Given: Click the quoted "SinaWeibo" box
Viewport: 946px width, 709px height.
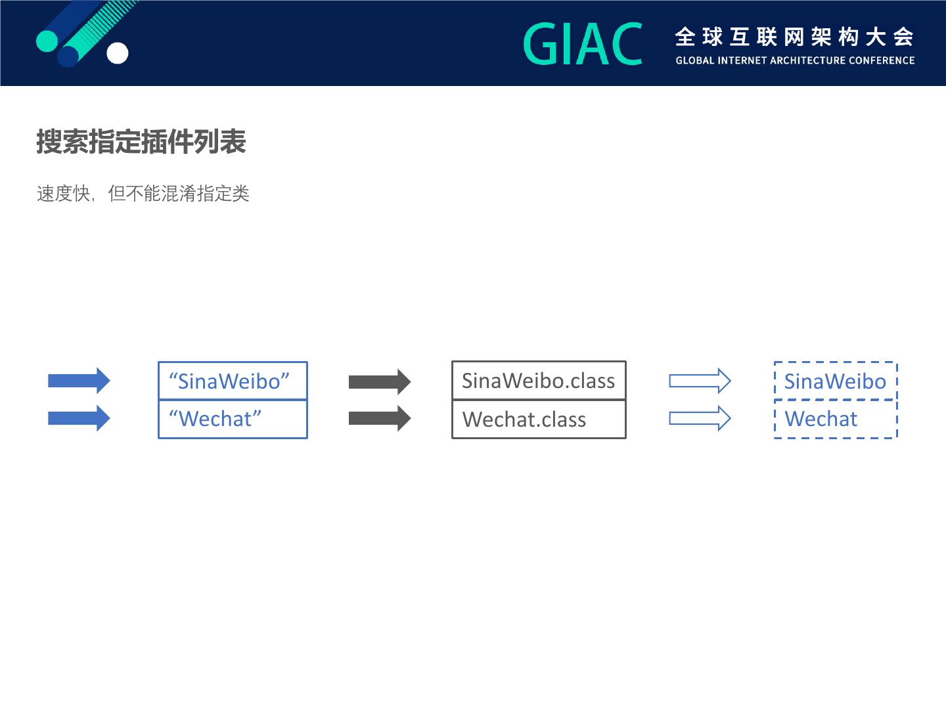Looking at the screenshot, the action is point(233,381).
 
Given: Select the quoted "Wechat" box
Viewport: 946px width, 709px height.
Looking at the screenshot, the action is point(233,419).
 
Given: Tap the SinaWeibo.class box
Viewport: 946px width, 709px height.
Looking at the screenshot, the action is point(539,381).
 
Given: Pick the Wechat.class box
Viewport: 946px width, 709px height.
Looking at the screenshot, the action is point(539,419).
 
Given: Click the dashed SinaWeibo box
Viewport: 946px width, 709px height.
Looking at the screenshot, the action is point(836,381).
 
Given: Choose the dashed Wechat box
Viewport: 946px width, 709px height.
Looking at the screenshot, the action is point(836,419).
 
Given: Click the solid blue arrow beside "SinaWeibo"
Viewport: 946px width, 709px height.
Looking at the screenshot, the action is point(79,381).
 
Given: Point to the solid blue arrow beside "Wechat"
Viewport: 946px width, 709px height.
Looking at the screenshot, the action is point(79,418).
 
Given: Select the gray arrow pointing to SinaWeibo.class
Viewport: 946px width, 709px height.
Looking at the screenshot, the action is point(380,381).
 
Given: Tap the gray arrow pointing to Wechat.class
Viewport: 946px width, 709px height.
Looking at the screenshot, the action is point(380,418).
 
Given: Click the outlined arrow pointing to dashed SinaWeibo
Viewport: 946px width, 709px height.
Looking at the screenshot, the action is point(700,381).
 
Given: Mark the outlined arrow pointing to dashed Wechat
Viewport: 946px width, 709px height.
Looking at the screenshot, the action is point(700,418).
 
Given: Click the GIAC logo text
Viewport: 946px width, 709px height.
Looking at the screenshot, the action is point(583,44).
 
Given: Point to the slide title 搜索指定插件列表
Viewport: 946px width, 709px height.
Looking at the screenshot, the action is point(141,142).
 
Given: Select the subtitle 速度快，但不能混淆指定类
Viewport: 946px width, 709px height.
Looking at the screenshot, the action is point(143,194).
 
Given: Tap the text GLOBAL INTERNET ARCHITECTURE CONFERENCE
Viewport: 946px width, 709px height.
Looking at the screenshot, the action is point(795,60).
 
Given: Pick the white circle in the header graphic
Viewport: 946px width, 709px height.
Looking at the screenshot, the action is point(118,53).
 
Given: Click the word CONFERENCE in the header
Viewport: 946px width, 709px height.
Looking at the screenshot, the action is point(882,60).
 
